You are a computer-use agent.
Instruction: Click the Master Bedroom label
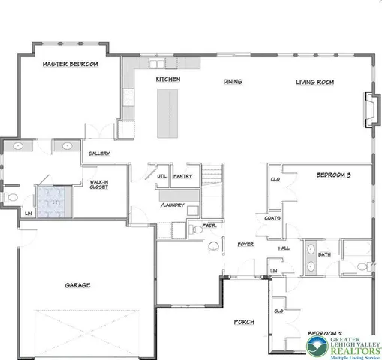click(71, 64)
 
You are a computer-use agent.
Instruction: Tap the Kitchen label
click(168, 79)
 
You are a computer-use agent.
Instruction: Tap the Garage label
click(78, 285)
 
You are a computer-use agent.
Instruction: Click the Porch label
click(243, 321)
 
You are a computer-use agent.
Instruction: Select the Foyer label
click(245, 244)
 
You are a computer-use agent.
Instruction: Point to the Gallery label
click(100, 154)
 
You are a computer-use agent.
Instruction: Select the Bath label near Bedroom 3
click(324, 254)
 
